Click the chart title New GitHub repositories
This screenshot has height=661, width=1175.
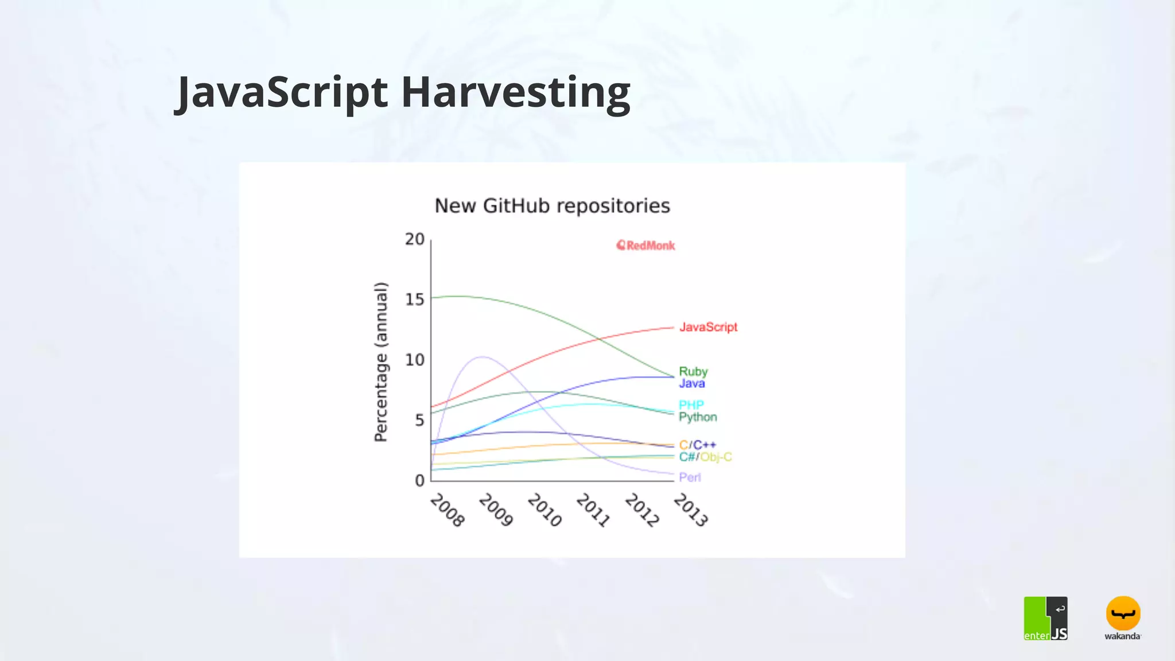(x=552, y=206)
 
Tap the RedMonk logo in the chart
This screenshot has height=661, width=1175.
(x=645, y=246)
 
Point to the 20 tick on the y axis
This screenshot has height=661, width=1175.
(x=415, y=239)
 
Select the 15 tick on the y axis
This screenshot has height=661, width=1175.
(x=415, y=300)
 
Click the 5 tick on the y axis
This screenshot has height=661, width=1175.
(x=419, y=421)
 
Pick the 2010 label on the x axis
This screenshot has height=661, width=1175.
(x=544, y=510)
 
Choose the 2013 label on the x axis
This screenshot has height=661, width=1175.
(x=691, y=510)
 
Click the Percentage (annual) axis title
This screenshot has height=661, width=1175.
(x=381, y=362)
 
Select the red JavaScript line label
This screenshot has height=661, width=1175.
(x=708, y=327)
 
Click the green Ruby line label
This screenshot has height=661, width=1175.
(x=693, y=371)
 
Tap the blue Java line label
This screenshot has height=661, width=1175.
(x=691, y=383)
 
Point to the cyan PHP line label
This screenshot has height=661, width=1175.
(x=691, y=405)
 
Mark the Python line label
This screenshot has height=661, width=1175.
(x=698, y=417)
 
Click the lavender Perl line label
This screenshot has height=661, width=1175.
(x=690, y=477)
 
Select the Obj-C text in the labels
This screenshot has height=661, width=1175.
(x=716, y=457)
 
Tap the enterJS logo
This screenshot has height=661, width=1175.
(x=1045, y=619)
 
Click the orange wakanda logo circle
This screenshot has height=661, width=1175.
(x=1123, y=613)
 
